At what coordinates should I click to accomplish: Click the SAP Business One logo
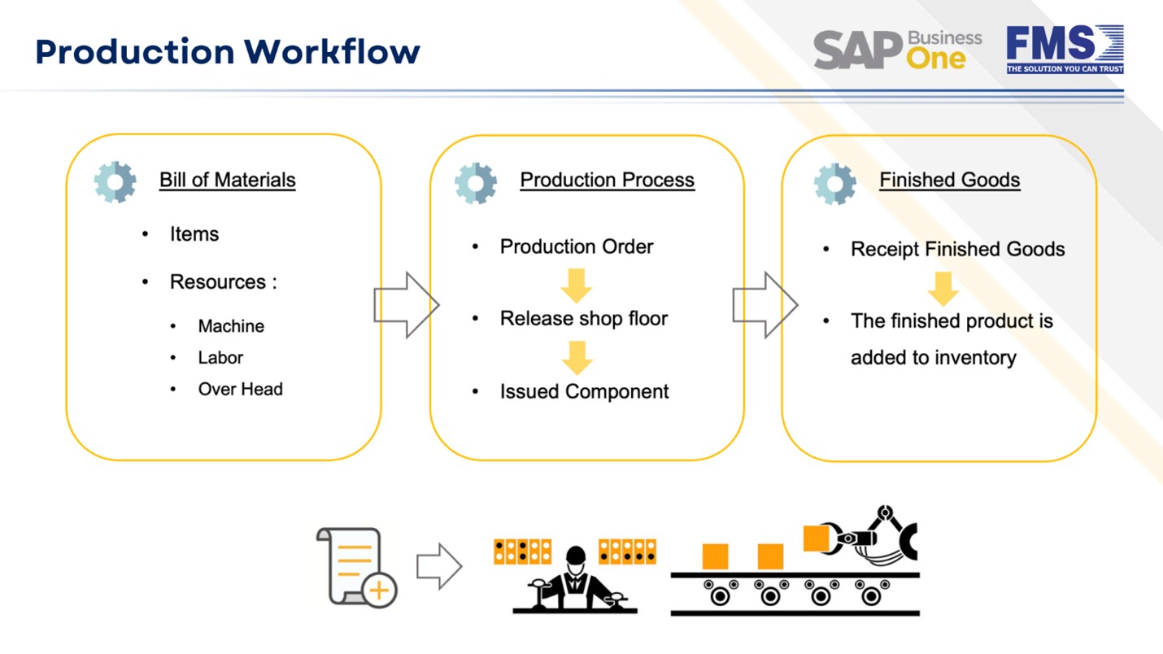(897, 50)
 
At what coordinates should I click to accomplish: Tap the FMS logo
(1065, 50)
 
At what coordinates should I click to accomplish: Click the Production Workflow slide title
(228, 51)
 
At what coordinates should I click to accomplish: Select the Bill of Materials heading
(227, 180)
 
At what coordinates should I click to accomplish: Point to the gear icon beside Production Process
(476, 182)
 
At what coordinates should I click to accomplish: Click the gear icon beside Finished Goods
(834, 182)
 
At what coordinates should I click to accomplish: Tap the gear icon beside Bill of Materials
(115, 182)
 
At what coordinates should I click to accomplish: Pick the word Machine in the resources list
(231, 326)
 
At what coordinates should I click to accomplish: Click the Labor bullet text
(220, 358)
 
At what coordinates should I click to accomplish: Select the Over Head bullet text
(240, 390)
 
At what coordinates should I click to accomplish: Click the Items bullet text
(194, 234)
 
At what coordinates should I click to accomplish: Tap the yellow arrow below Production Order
(577, 285)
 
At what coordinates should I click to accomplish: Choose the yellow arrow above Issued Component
(577, 356)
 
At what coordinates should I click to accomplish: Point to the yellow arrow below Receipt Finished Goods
(943, 288)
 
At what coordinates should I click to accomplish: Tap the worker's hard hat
(576, 556)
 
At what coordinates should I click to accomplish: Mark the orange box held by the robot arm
(817, 538)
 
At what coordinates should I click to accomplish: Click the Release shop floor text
(583, 319)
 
